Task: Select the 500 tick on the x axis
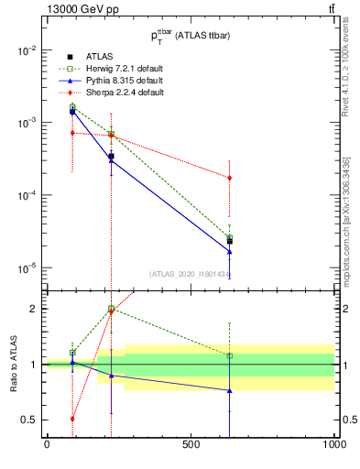click(x=191, y=445)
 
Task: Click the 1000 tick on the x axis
click(x=333, y=445)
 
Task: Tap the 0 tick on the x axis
click(x=47, y=445)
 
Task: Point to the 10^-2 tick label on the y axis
click(x=27, y=50)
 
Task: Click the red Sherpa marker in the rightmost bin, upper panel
click(x=229, y=178)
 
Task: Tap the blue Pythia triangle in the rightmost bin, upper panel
click(x=229, y=251)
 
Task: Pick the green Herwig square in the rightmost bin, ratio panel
click(x=229, y=355)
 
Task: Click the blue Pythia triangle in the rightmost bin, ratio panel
click(x=229, y=390)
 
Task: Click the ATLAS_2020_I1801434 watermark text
click(x=190, y=274)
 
